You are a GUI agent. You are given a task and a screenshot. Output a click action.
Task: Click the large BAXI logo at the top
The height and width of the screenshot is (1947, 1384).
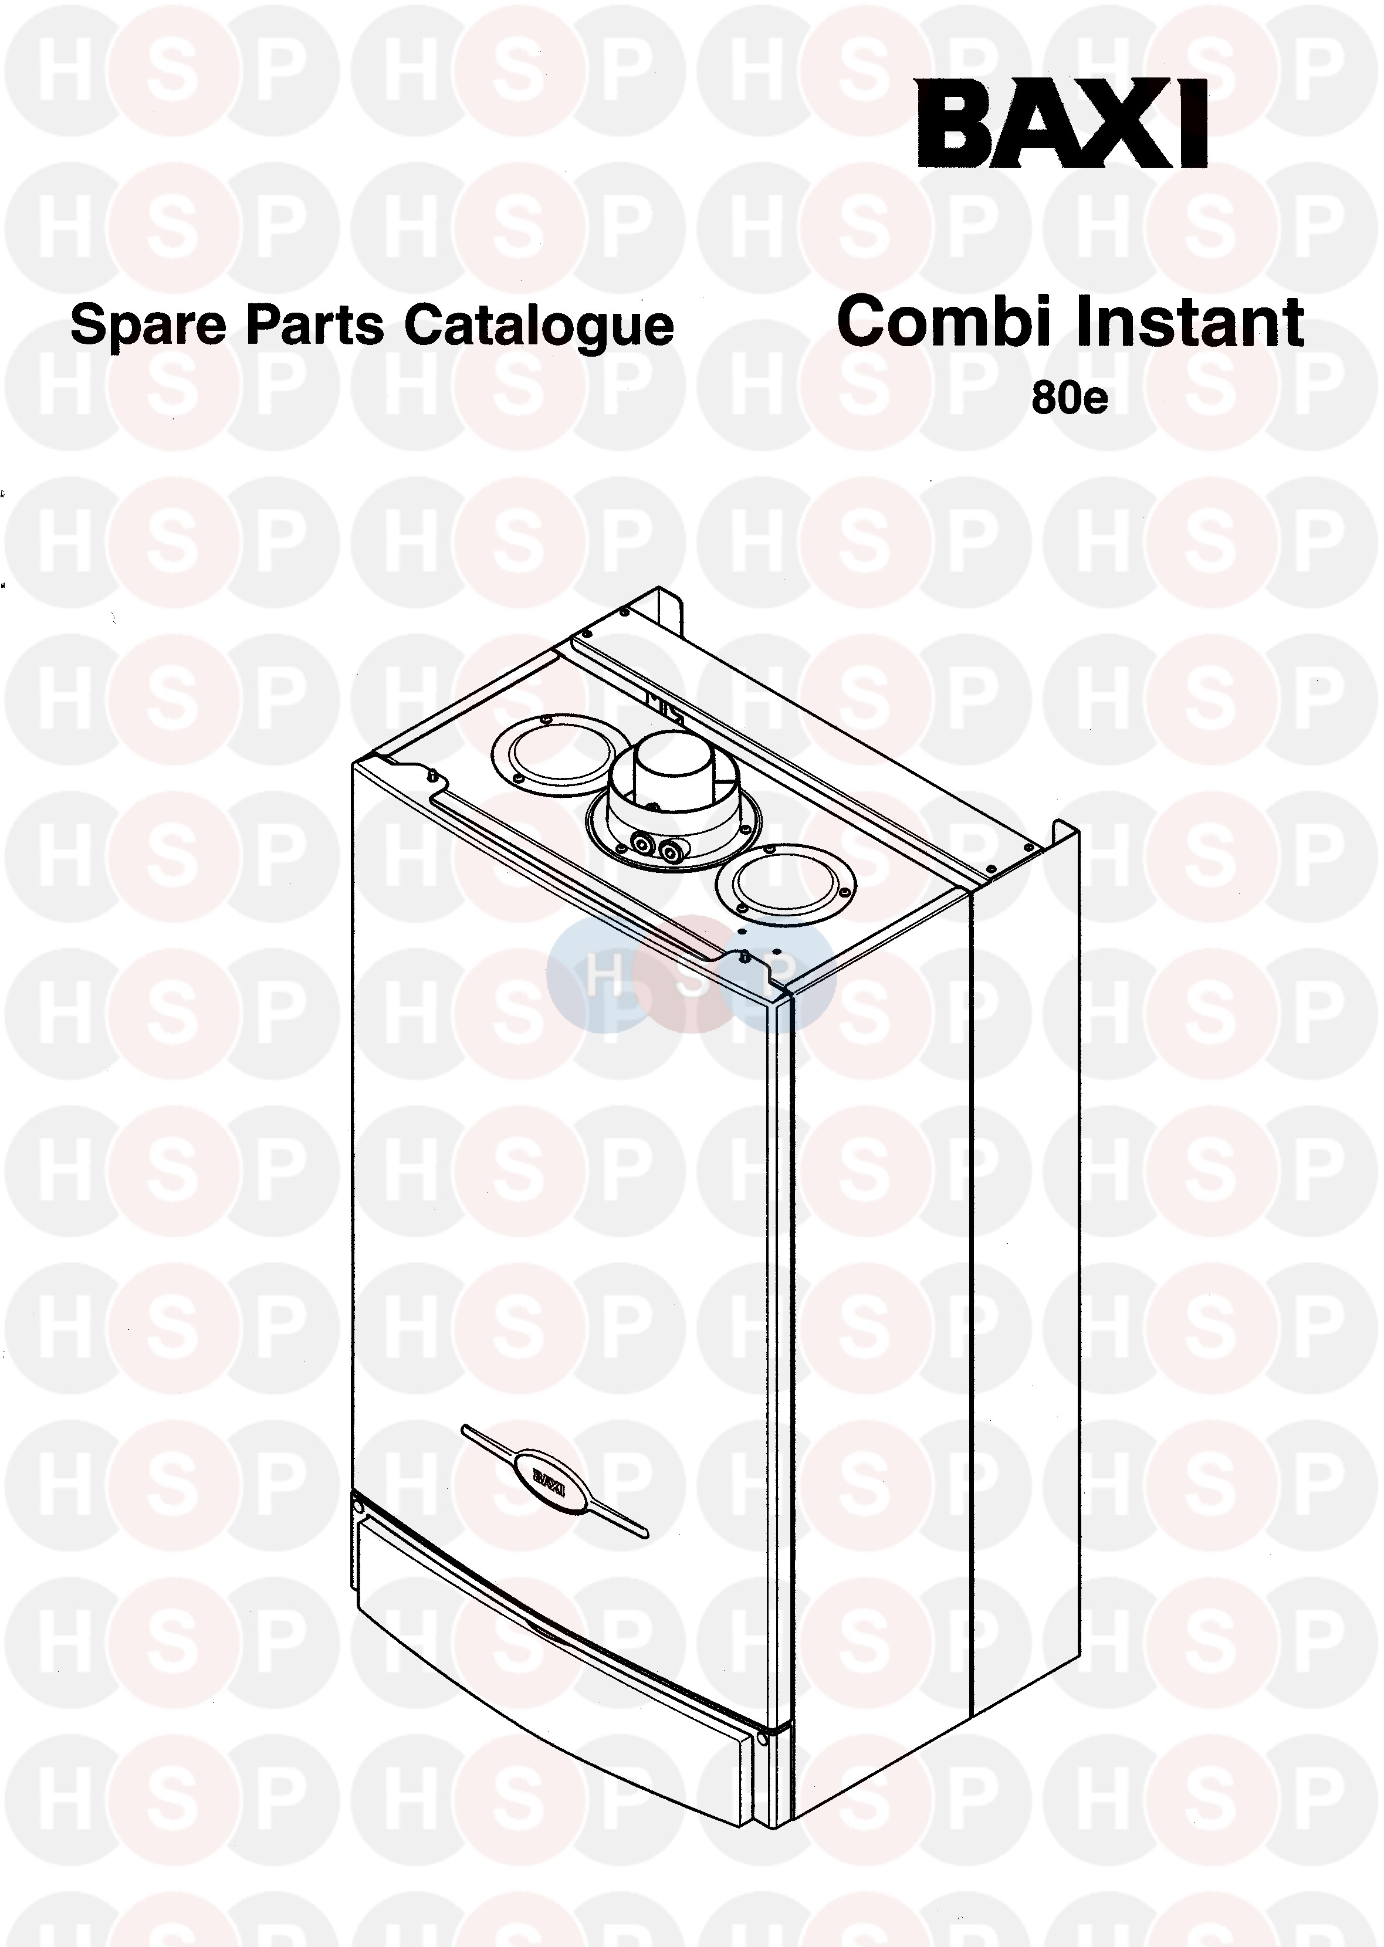coord(1062,124)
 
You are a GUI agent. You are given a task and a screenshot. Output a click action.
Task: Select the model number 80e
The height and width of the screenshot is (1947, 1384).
coord(1070,399)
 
